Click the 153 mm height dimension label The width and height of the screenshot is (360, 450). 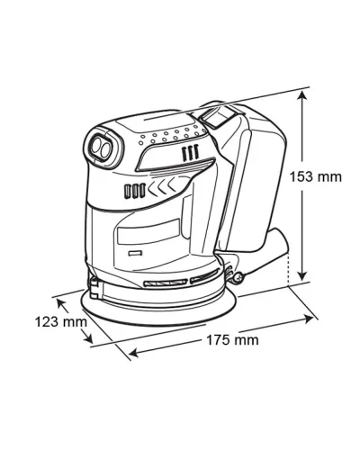315,177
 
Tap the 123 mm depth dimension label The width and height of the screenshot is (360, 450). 61,322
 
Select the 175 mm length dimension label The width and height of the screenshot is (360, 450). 232,340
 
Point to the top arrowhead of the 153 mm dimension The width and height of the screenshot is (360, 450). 303,96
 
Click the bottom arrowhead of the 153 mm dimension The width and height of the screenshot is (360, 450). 303,274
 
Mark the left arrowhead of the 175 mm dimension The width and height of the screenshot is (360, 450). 133,353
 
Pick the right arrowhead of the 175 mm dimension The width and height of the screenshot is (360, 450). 307,319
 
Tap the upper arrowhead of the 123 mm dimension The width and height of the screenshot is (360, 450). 62,303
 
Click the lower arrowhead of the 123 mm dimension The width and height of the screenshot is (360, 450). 87,338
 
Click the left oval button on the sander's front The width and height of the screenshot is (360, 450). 96,147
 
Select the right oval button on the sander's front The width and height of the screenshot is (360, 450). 105,149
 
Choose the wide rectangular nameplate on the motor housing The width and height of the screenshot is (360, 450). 148,231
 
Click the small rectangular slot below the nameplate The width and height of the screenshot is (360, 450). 135,254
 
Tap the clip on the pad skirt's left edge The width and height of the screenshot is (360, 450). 94,289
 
